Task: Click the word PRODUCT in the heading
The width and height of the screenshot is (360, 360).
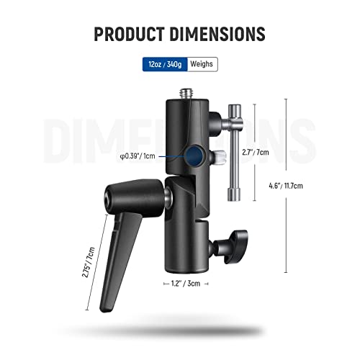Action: point(135,34)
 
